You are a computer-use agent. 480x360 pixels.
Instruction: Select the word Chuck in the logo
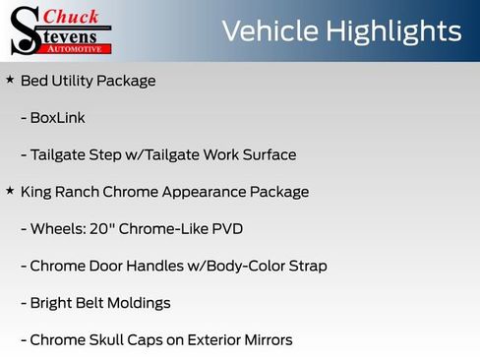pos(73,16)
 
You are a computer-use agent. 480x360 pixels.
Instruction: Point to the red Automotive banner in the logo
pos(77,47)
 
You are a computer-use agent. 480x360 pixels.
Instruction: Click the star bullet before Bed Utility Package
pos(10,79)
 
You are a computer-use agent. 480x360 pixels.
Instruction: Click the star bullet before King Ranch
pos(10,191)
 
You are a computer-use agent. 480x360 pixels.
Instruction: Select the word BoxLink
pos(58,118)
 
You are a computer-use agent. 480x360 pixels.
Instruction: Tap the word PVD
pos(227,229)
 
